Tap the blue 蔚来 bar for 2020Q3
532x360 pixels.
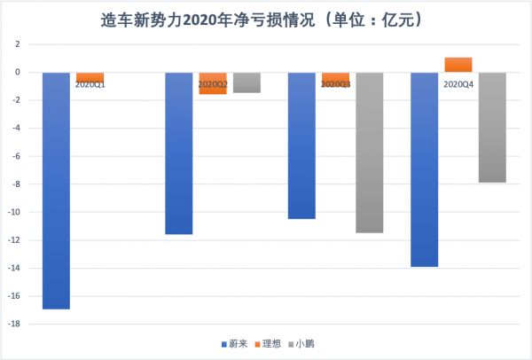tap(301, 145)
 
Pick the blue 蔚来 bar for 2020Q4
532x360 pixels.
tap(424, 168)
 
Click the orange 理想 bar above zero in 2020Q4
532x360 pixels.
tap(458, 65)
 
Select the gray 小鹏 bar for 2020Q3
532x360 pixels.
tap(370, 152)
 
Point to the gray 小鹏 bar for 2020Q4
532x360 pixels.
tap(492, 127)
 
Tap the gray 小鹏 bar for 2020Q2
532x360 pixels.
tap(247, 82)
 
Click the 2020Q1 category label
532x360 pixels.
tap(90, 84)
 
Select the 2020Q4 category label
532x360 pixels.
tap(458, 84)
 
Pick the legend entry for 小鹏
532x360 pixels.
tap(301, 343)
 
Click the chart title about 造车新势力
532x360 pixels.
tap(266, 18)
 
